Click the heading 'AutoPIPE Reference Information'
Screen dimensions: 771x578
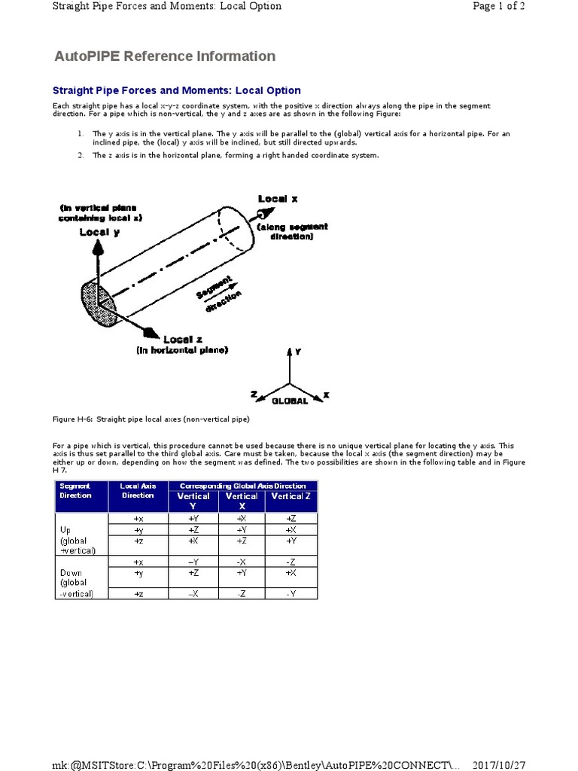(165, 56)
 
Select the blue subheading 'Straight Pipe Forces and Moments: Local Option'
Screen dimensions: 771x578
(176, 90)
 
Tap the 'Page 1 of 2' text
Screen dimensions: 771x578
(498, 7)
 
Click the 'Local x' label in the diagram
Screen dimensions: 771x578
(278, 199)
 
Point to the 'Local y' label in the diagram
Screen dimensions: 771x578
(99, 232)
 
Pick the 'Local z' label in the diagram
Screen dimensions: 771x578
(183, 340)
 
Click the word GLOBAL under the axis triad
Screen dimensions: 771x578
(290, 401)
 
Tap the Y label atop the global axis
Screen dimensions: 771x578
(298, 351)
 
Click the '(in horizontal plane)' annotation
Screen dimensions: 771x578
(182, 350)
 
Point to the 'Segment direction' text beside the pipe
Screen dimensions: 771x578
(220, 294)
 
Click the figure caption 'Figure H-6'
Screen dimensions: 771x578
(151, 419)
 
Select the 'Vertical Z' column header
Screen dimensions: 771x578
(291, 496)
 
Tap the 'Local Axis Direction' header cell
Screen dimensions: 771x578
(137, 491)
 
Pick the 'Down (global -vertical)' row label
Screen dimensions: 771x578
(75, 583)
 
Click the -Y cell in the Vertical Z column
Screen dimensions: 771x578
(291, 594)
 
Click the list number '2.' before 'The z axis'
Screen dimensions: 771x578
(80, 155)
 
